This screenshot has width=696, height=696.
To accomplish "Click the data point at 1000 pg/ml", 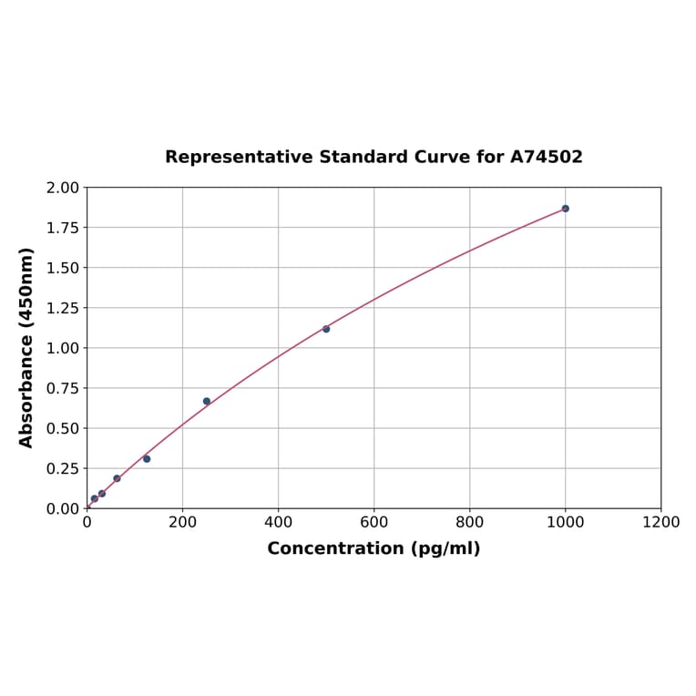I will (x=565, y=209).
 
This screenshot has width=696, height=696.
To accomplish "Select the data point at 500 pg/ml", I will (x=326, y=329).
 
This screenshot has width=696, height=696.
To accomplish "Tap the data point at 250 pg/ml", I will (x=207, y=401).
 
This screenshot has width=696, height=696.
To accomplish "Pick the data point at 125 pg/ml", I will (x=147, y=459).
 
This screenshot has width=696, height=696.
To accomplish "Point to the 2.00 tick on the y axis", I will (x=64, y=188).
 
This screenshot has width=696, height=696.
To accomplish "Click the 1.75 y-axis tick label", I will (x=64, y=228).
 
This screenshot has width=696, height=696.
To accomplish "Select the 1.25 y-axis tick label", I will (x=64, y=308).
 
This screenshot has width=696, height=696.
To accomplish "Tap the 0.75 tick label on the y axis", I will (x=64, y=388).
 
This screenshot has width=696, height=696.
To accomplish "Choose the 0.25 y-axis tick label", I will (x=64, y=468).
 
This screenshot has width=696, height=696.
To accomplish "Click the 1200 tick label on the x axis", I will (x=660, y=523).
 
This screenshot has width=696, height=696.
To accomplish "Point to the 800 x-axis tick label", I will (x=469, y=523).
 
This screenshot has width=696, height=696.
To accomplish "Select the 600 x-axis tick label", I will (x=374, y=523).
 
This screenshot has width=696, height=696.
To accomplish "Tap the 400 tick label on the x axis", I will (x=278, y=523).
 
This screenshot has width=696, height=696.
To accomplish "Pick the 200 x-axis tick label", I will (x=182, y=523).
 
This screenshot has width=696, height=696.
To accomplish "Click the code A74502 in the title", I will (x=546, y=158).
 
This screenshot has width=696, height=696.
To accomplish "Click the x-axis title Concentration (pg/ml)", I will (x=374, y=548).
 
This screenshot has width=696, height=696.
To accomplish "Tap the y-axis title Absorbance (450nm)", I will (x=26, y=347).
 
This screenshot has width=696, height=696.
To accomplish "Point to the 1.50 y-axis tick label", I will (x=64, y=268).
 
